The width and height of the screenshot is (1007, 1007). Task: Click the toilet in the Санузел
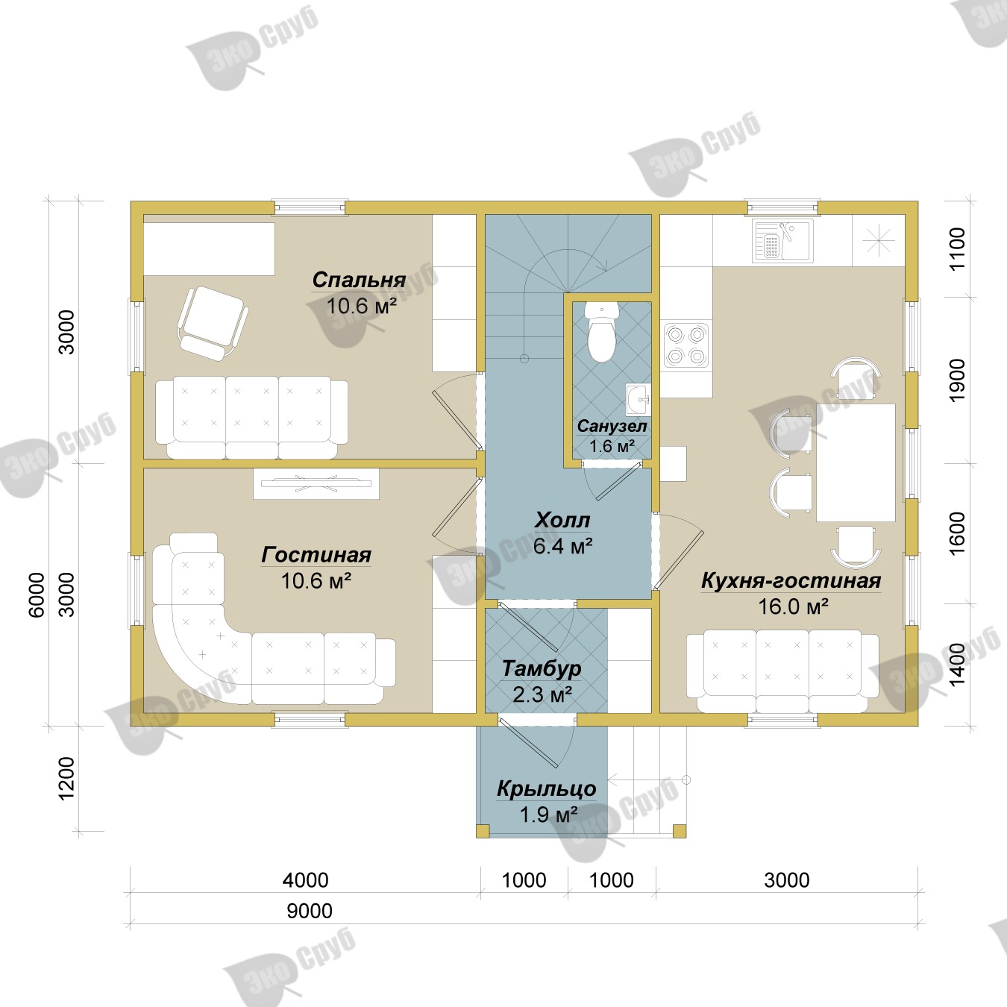click(601, 332)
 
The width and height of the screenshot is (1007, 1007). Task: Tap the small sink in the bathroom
click(638, 399)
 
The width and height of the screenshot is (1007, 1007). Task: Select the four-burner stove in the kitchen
click(686, 345)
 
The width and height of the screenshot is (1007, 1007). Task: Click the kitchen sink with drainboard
click(782, 240)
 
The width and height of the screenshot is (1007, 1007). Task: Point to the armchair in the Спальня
click(213, 323)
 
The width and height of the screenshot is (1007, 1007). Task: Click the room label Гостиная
click(316, 555)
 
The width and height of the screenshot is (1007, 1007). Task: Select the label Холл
click(562, 520)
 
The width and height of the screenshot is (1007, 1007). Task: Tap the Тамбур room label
click(542, 668)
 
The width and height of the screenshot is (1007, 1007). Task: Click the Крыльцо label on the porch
click(546, 788)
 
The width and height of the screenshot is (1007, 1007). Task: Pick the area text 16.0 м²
click(793, 606)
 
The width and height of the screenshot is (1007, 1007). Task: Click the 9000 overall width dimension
click(310, 911)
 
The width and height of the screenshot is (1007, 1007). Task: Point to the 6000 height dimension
click(37, 595)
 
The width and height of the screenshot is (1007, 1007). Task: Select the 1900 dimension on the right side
click(957, 380)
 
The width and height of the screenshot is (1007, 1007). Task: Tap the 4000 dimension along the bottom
click(305, 880)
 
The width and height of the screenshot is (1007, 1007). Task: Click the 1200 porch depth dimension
click(67, 778)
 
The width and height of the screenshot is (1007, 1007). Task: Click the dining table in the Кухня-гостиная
click(856, 462)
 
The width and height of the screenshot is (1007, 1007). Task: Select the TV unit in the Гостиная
click(316, 483)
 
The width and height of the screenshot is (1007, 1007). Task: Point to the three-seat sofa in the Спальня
click(251, 417)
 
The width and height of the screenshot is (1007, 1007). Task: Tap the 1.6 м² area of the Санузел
click(612, 446)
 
